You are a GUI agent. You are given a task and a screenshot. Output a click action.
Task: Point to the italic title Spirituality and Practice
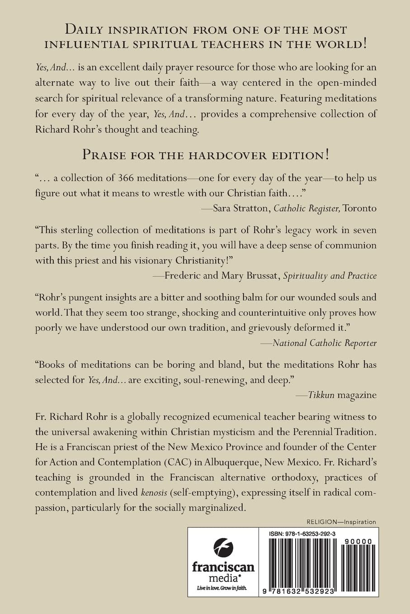[x=330, y=275]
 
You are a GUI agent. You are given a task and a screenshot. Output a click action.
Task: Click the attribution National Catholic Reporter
[x=325, y=343]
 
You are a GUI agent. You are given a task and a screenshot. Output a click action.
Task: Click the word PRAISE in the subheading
[x=108, y=155]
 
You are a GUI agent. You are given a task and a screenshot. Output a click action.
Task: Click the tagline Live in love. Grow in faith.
[x=223, y=588]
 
